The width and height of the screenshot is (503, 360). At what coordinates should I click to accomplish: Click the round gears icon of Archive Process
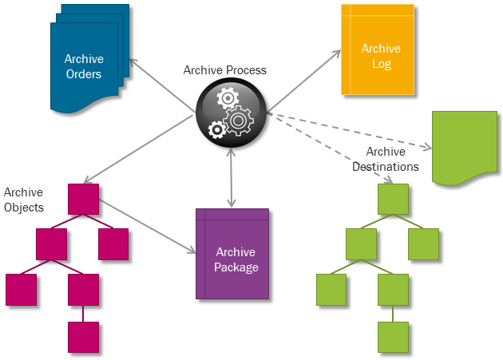click(x=231, y=115)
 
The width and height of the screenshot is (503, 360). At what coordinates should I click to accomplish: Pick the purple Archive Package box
click(x=232, y=254)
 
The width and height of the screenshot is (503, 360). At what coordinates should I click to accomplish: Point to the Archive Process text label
click(x=224, y=70)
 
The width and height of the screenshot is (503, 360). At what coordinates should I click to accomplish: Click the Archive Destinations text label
click(x=386, y=159)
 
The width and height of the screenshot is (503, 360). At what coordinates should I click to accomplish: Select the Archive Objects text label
click(x=23, y=200)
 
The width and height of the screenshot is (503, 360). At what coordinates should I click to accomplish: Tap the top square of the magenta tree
click(x=83, y=199)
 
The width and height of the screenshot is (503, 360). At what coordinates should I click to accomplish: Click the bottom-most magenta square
click(x=83, y=337)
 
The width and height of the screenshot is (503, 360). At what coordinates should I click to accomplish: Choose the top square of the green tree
click(x=393, y=199)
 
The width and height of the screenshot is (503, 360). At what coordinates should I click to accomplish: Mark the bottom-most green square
click(x=393, y=337)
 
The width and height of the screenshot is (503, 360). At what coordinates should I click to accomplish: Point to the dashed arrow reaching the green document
click(x=351, y=131)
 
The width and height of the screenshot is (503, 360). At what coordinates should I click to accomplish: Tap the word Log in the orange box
click(x=382, y=63)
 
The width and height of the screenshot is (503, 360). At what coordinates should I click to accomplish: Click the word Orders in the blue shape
click(x=83, y=74)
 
